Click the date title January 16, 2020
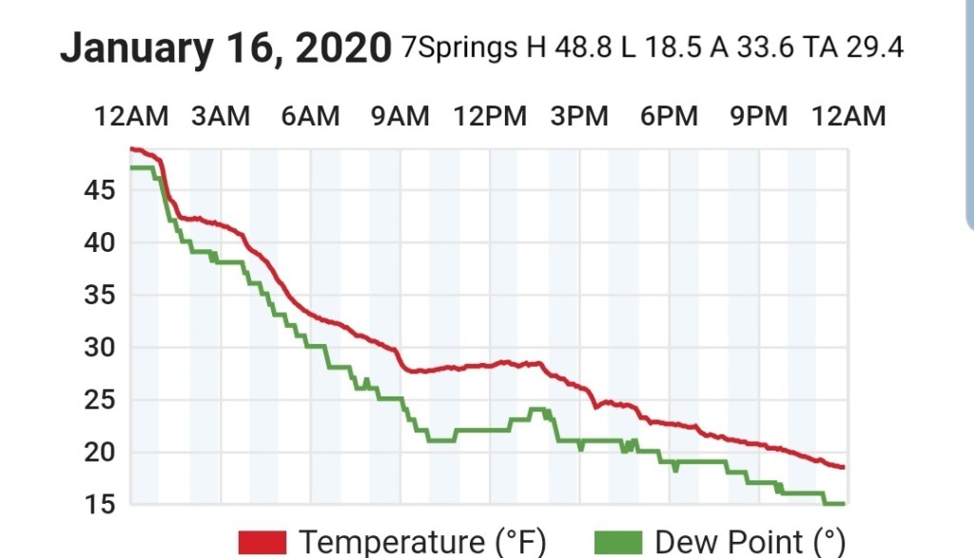pos(225,48)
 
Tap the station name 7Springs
pos(460,48)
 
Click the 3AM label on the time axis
pos(221,116)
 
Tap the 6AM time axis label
pos(310,116)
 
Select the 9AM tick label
pos(399,116)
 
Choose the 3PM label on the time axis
pos(579,116)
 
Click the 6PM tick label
pos(669,116)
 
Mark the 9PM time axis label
pos(758,116)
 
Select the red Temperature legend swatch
pos(263,543)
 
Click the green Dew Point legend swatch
pos(618,543)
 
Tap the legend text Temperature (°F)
pos(422,543)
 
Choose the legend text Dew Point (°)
pos(750,543)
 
